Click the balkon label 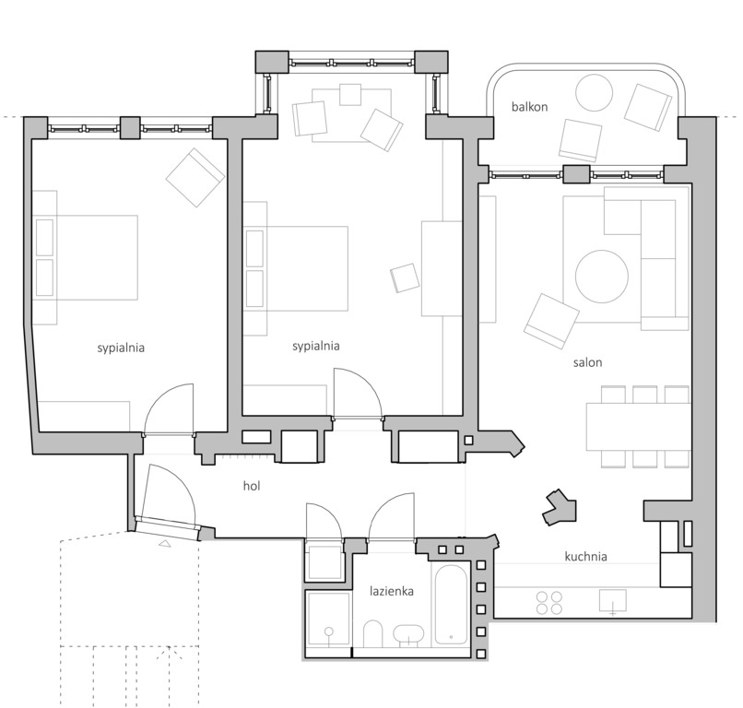[529, 107]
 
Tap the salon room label [586, 362]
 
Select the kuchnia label [585, 557]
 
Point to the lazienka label [392, 590]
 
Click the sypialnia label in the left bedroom [121, 348]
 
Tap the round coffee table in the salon [603, 276]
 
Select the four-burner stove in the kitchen [550, 603]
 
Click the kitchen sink [612, 602]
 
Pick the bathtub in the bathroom [451, 605]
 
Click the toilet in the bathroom [373, 635]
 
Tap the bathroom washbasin [408, 634]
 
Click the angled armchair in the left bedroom [195, 177]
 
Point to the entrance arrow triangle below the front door [164, 544]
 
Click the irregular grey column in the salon [559, 505]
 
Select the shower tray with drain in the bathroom [327, 622]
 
